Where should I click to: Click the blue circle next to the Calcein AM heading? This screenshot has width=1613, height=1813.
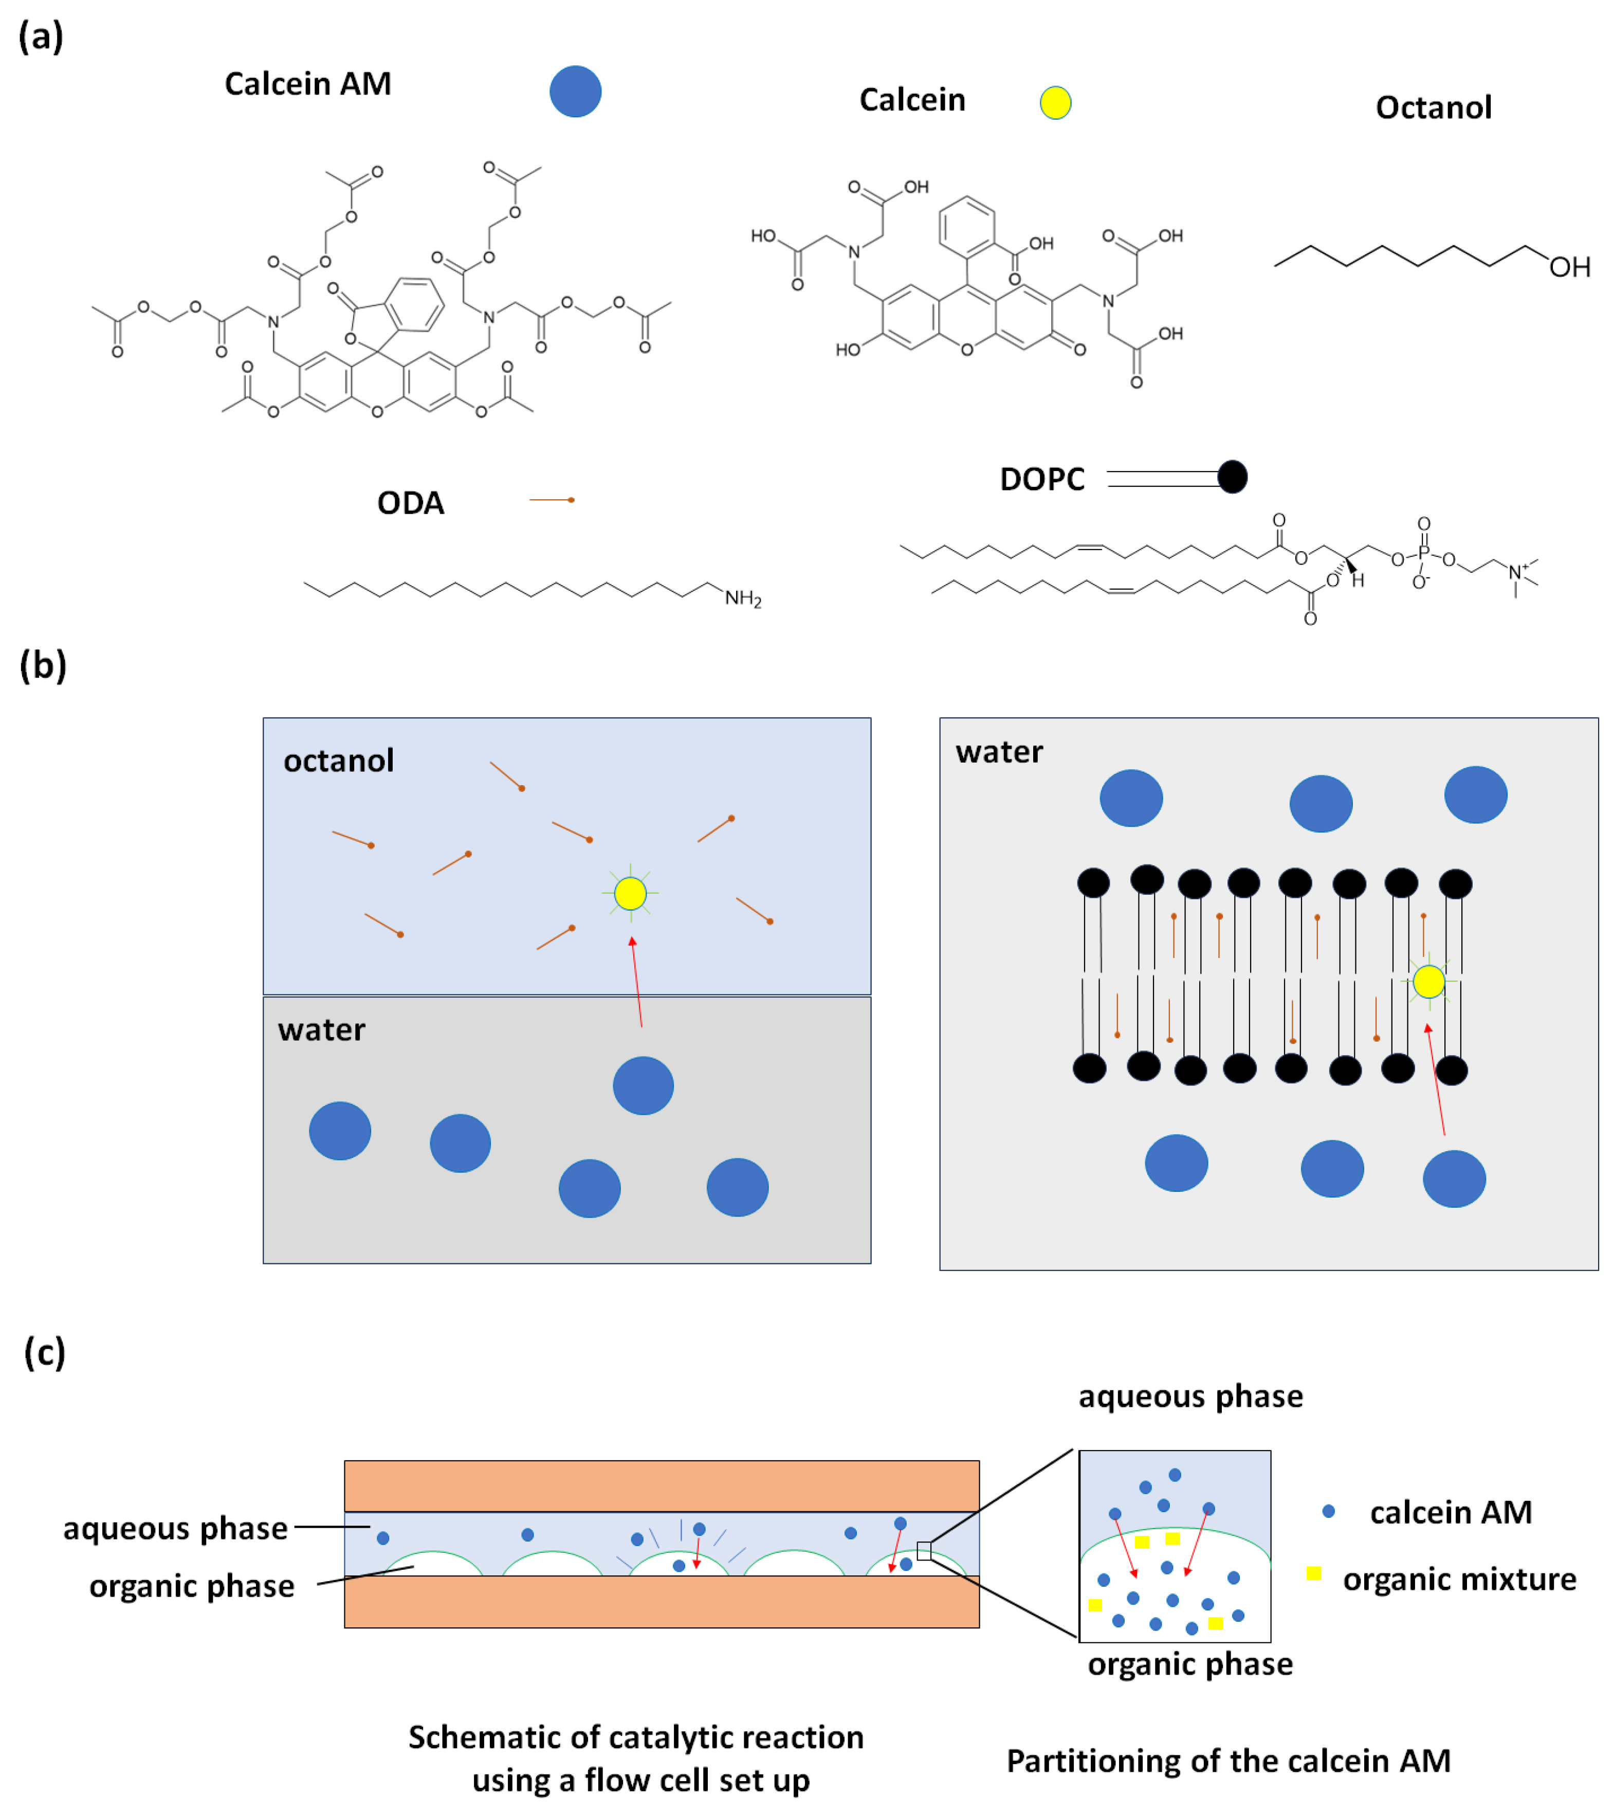click(x=576, y=92)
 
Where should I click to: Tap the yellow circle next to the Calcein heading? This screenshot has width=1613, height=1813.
click(x=1055, y=103)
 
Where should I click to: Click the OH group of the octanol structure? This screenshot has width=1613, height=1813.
click(x=1569, y=267)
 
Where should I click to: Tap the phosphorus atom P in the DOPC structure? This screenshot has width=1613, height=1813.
click(x=1423, y=553)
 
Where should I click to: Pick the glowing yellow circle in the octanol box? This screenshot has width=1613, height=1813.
click(x=631, y=893)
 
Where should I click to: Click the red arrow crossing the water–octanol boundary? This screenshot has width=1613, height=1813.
click(x=637, y=983)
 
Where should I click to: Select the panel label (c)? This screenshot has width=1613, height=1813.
click(x=44, y=1353)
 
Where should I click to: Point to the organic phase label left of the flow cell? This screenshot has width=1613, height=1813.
click(x=192, y=1586)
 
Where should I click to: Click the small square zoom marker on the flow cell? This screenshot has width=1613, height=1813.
click(x=924, y=1550)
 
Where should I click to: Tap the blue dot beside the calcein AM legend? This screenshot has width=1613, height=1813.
click(x=1328, y=1511)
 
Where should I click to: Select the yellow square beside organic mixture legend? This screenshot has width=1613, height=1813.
click(x=1314, y=1573)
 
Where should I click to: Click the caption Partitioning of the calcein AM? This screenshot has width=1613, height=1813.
click(x=1228, y=1761)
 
